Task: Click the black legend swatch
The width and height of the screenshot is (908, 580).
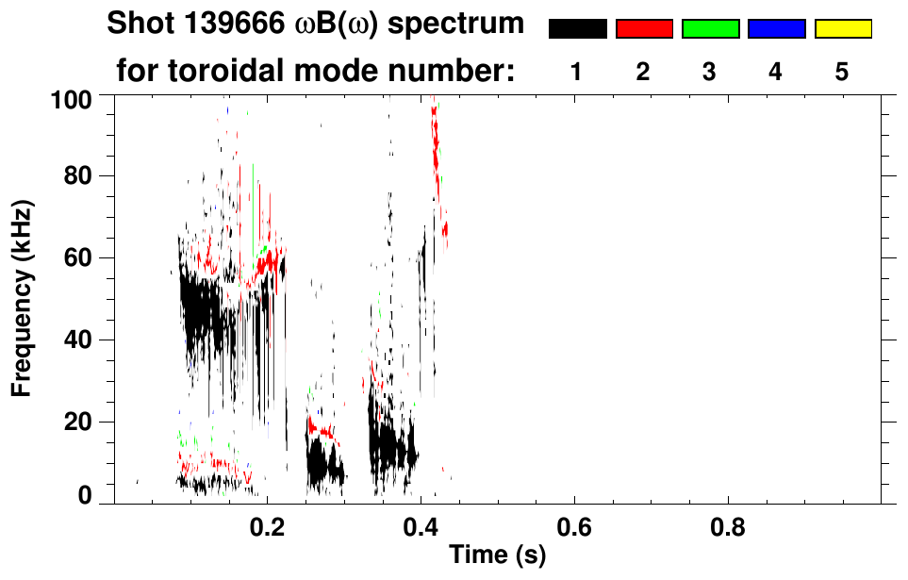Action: (578, 29)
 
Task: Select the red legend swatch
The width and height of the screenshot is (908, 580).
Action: (644, 29)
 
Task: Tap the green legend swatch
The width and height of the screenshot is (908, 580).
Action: (710, 29)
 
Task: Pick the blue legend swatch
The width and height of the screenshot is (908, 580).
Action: (776, 29)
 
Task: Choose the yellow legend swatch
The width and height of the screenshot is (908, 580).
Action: (842, 29)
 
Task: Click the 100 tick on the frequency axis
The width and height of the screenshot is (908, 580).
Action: (73, 96)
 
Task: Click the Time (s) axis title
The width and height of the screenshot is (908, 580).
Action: (496, 555)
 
